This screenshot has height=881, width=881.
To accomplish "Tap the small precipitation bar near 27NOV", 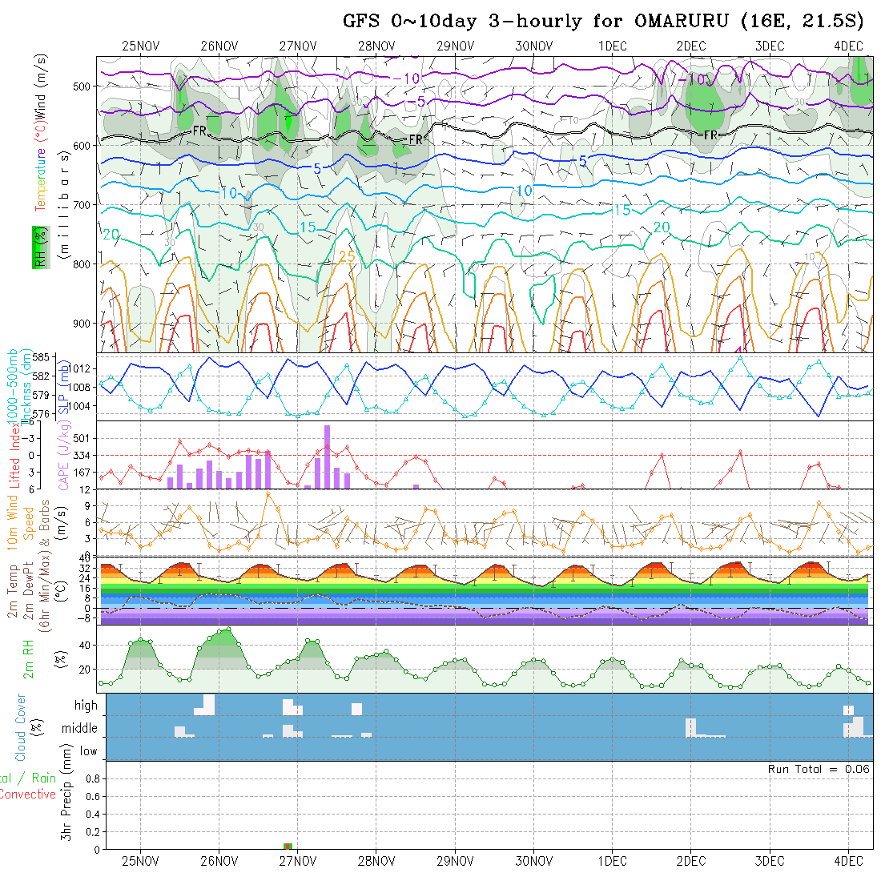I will (288, 846).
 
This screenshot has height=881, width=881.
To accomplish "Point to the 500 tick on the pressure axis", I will (83, 86).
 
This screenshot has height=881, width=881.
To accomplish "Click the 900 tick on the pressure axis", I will (83, 324).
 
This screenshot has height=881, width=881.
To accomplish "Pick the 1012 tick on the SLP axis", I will (83, 368).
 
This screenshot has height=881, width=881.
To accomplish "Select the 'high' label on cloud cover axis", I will (86, 706).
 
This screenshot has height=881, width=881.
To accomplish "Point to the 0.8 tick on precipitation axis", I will (91, 778).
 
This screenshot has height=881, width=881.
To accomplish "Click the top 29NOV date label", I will (454, 46).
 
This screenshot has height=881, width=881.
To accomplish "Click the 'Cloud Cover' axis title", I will (21, 726).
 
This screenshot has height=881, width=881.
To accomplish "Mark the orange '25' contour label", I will (347, 256).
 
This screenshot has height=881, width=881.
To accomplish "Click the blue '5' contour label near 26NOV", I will (317, 169).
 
